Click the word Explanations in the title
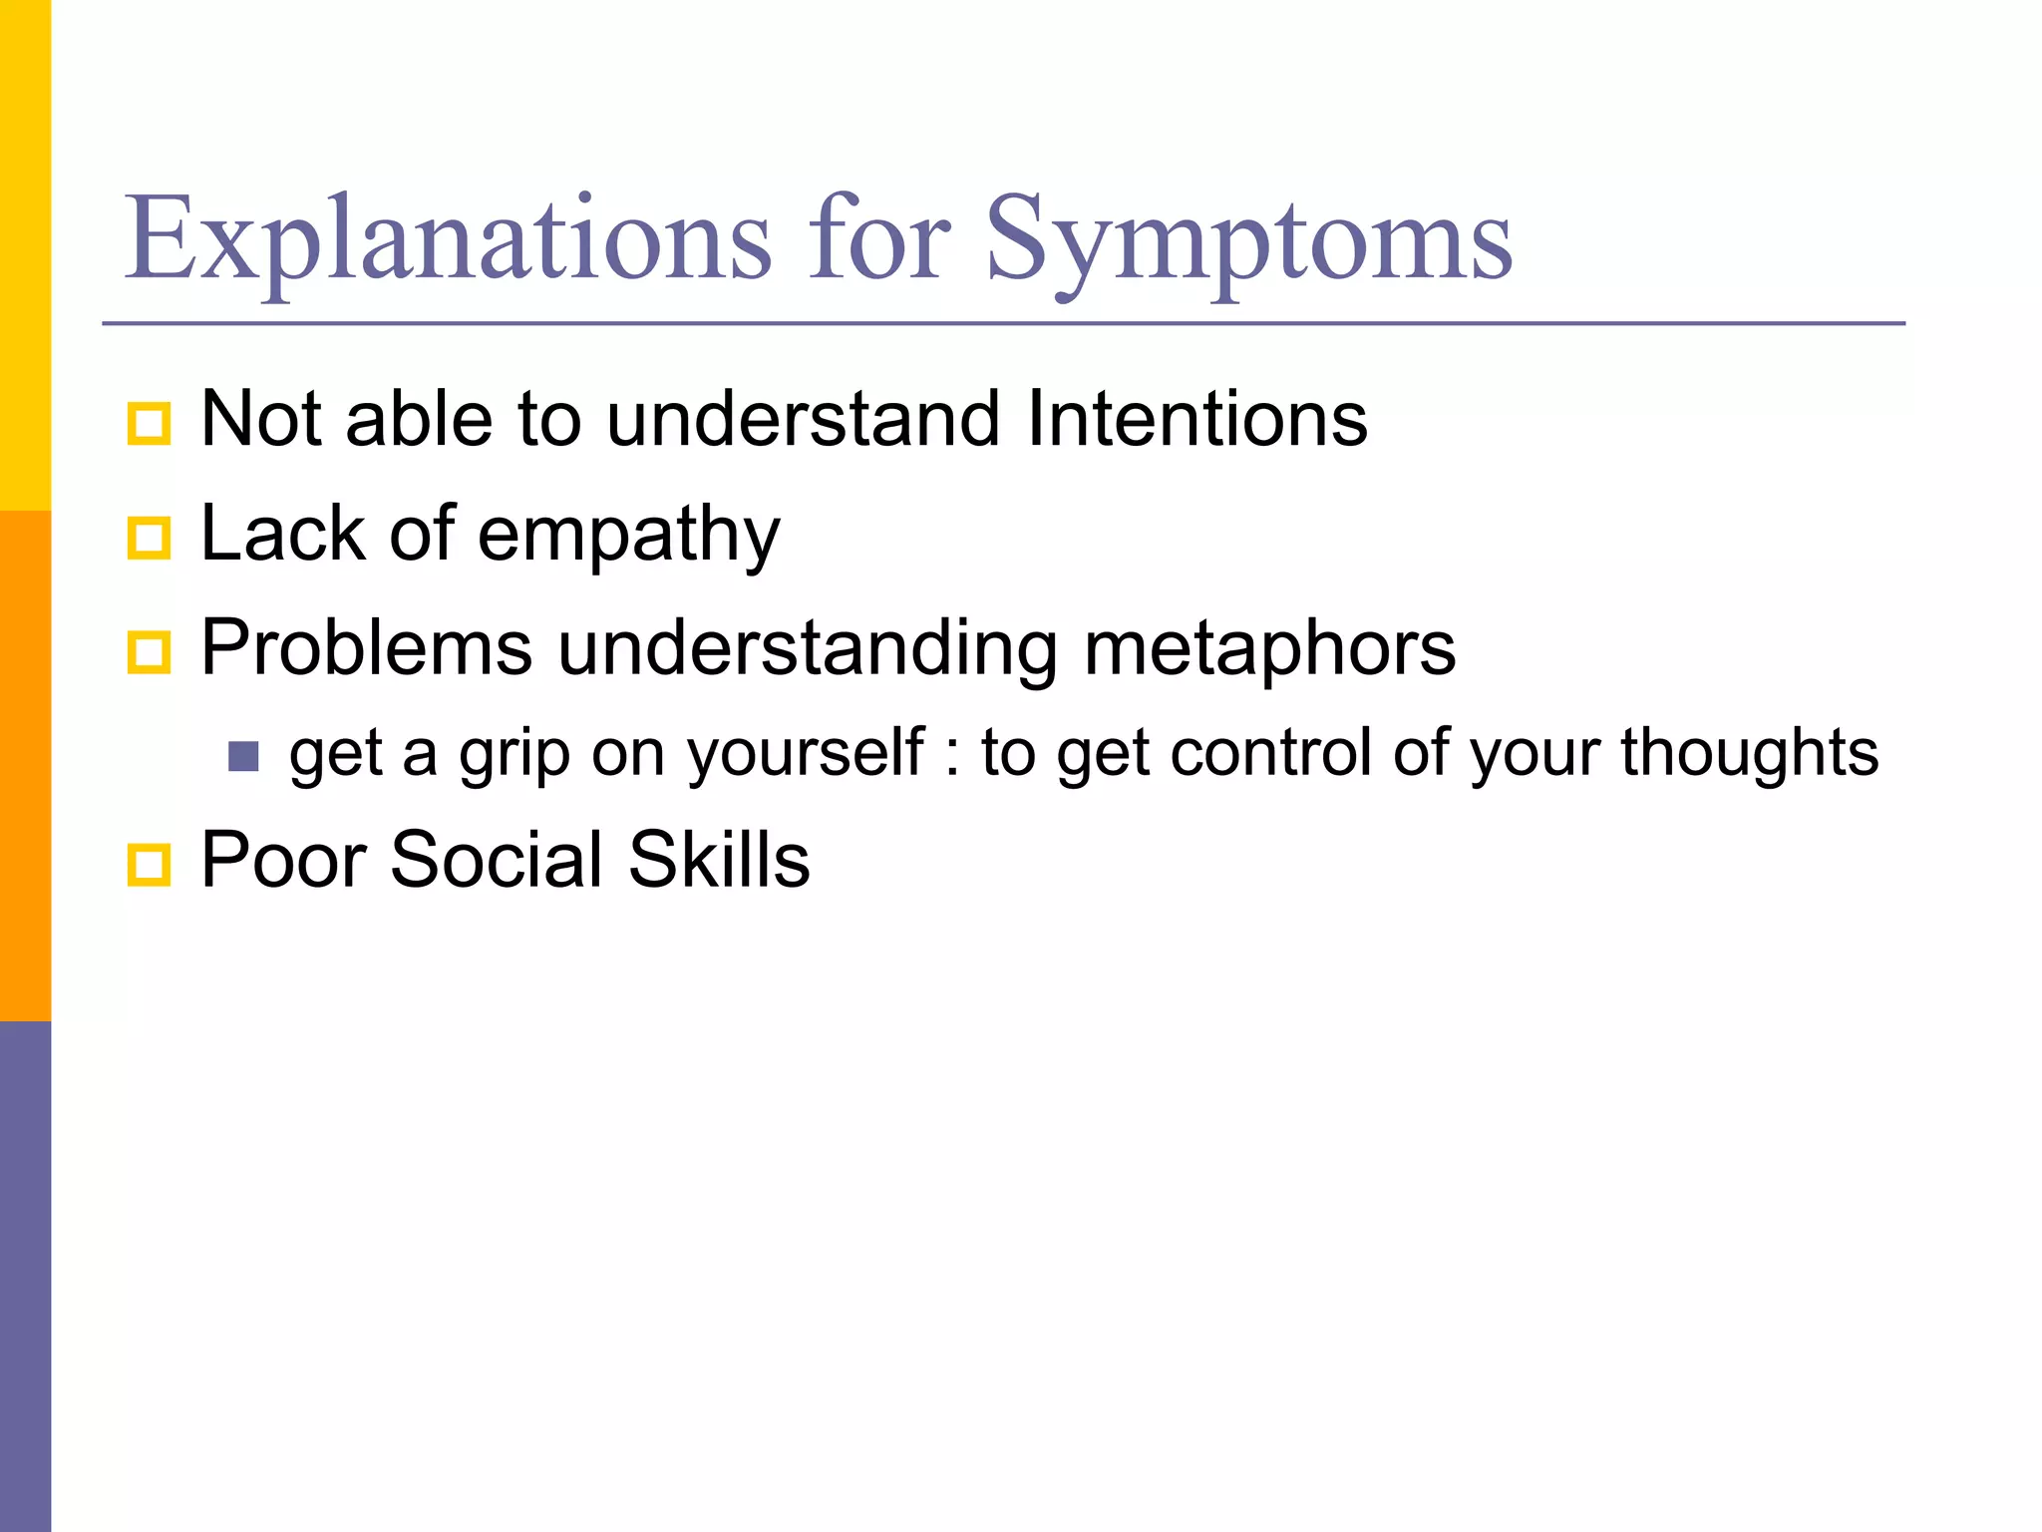tap(448, 239)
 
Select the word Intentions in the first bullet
tap(1196, 419)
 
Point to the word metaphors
tap(1269, 649)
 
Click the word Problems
tap(366, 649)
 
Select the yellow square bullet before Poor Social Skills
tap(150, 864)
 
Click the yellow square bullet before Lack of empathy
tap(150, 539)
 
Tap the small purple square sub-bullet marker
tap(243, 757)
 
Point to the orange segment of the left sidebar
tap(25, 766)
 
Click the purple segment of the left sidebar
tap(25, 1277)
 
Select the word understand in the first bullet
tap(803, 419)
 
